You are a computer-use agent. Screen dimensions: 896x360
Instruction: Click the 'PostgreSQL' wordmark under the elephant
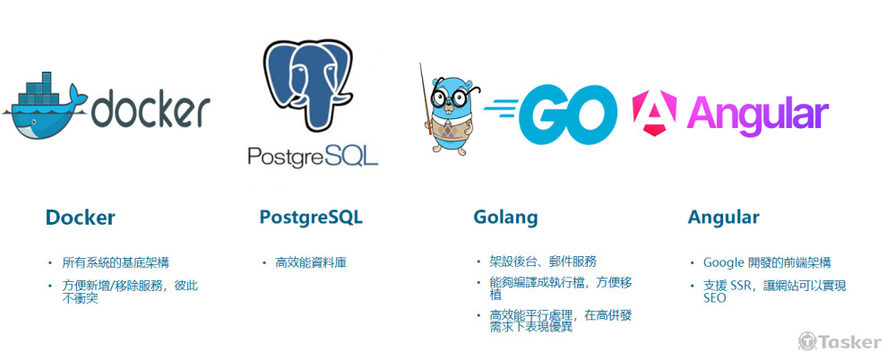tap(313, 156)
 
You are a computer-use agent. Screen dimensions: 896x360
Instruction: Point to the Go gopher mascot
tap(452, 115)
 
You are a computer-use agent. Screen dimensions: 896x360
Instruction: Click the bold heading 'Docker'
tap(80, 218)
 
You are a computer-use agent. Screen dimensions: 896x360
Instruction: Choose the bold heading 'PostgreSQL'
tap(311, 218)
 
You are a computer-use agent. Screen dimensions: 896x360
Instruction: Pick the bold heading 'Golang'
tap(505, 218)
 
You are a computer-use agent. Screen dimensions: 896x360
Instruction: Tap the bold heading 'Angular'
tap(723, 218)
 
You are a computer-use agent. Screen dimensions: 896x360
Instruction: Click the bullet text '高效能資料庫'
tap(311, 263)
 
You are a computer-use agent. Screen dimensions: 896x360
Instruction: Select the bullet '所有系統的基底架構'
tap(116, 263)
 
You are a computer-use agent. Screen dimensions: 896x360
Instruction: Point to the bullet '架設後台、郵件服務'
tap(543, 261)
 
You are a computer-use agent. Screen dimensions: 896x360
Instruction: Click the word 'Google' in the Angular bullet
tap(723, 263)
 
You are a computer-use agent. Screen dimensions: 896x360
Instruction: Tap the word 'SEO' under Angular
tap(715, 297)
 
